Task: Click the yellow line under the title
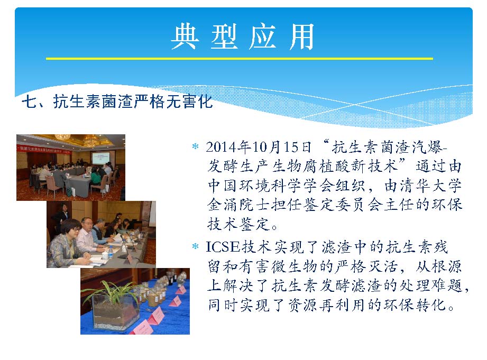[x=240, y=58]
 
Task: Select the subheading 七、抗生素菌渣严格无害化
[x=117, y=101]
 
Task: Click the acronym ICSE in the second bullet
[x=223, y=247]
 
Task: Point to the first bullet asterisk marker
[x=195, y=146]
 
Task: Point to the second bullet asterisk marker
[x=195, y=247]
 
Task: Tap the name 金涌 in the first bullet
[x=223, y=205]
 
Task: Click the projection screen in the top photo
[x=100, y=158]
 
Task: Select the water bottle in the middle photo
[x=111, y=252]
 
